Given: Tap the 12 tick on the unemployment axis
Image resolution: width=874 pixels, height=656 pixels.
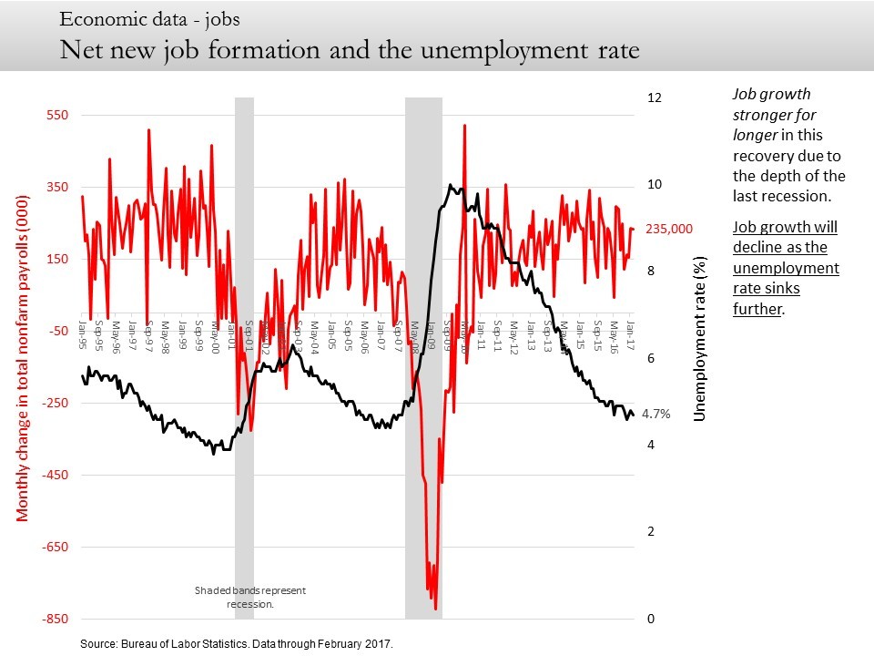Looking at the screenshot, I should click(653, 97).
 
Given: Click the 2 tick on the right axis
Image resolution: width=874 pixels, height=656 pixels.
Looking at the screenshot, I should click(650, 532).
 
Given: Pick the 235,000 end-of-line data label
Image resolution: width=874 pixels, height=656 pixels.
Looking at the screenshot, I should click(670, 230).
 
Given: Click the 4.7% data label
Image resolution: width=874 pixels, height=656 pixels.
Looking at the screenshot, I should click(655, 414).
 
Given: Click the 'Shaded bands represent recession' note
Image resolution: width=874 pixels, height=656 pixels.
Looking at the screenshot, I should click(250, 597).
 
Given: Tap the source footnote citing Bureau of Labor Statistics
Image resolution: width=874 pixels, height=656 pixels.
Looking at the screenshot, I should click(237, 643).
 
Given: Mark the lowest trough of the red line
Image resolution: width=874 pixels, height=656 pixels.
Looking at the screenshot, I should click(436, 609).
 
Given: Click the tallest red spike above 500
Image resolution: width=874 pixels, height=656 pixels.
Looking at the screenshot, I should click(464, 126).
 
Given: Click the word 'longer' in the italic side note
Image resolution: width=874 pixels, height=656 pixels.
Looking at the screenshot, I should click(755, 136).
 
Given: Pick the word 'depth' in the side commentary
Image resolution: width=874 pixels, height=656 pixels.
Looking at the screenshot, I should click(792, 176).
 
